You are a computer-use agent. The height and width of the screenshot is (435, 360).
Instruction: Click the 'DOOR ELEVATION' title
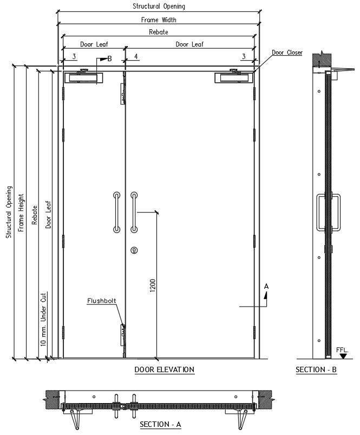pos(165,369)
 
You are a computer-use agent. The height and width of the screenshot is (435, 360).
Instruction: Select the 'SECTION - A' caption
pos(160,424)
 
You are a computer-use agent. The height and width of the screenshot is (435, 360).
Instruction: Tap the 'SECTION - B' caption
pos(316,369)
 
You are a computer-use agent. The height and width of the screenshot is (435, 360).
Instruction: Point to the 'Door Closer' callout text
pos(287,53)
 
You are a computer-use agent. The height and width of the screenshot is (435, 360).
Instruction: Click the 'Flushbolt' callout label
pos(101,301)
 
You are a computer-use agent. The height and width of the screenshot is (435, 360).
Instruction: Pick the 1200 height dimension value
pos(153,285)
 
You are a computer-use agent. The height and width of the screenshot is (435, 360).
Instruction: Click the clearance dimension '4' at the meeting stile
pos(136,56)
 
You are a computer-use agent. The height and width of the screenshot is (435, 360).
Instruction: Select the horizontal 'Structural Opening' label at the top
pos(159,6)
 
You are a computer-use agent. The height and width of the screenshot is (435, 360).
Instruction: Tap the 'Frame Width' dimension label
pos(159,20)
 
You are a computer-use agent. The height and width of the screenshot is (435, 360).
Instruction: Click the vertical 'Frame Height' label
pos(21,213)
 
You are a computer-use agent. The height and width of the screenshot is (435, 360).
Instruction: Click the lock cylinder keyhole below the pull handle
pos(134,250)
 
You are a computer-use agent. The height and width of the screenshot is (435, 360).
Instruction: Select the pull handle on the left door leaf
pos(117,212)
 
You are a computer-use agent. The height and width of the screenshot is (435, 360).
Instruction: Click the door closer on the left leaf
pos(84,76)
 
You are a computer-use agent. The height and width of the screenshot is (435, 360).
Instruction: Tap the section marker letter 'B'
pos(109,59)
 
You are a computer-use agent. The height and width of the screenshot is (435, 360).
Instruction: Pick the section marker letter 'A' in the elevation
pos(266,287)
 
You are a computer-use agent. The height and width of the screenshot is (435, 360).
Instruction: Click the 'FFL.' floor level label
pos(342,350)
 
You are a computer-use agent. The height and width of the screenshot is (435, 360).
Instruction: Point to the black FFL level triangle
pos(343,356)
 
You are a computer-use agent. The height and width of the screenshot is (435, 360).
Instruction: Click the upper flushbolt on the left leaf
pos(123,94)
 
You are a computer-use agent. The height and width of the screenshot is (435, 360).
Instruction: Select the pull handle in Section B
pos(329,212)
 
